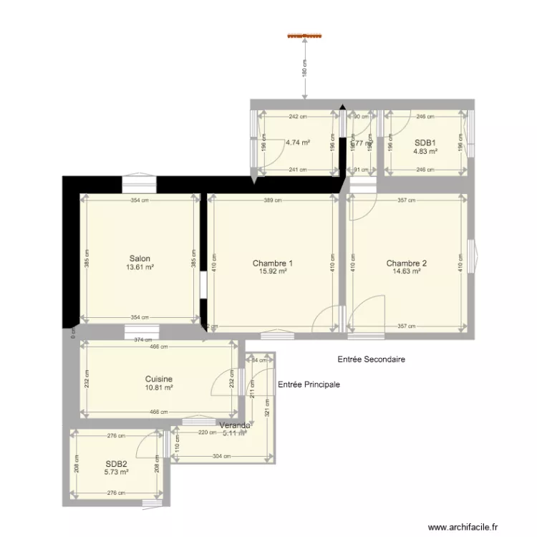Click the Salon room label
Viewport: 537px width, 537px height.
pos(140,258)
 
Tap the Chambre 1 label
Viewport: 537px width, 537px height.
pos(272,263)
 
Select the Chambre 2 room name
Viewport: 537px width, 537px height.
pos(406,263)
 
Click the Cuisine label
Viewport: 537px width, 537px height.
pos(158,379)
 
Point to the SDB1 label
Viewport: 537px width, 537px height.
pos(426,142)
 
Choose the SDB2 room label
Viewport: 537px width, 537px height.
pos(116,463)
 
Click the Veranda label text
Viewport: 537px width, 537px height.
pos(236,425)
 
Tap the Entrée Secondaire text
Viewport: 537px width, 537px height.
pos(371,359)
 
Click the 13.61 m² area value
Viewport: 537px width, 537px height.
pos(140,267)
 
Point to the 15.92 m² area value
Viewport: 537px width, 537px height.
pos(273,271)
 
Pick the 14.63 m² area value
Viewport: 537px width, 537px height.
pos(406,271)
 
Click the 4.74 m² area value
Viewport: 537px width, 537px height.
pos(297,142)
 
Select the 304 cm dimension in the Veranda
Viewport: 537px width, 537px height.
pos(223,455)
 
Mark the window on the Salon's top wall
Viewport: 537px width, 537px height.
pos(139,185)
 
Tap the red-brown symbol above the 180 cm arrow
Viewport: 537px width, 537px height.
pos(305,34)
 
